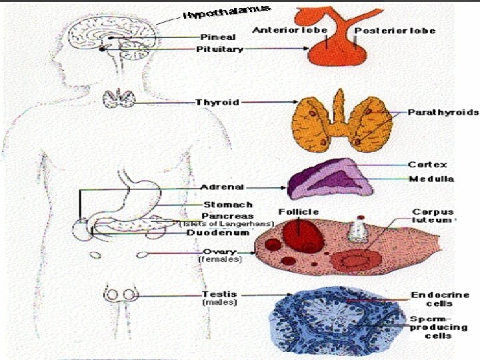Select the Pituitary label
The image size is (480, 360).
coord(219,49)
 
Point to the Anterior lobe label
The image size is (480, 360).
coord(279,31)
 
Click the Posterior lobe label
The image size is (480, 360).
coord(395,31)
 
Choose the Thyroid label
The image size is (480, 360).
coord(217,102)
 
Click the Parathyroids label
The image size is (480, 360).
coord(434,113)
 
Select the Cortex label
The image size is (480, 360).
coord(427,165)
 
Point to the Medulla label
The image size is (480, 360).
coord(431,179)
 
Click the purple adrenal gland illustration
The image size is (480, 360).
coord(326,178)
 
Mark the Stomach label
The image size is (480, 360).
coord(227,205)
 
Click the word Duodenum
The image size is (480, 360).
coord(217,233)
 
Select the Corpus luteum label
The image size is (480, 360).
coord(433,215)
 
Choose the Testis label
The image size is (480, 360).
coord(219,294)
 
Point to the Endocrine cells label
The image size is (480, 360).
coord(440,299)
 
